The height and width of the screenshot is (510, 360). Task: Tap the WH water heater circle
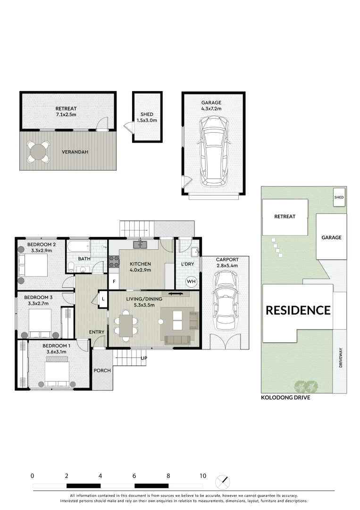pos(191,281)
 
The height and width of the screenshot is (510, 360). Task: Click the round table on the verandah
pos(38,152)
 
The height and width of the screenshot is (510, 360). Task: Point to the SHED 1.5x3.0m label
pos(147,117)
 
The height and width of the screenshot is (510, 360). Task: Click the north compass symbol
pos(223,482)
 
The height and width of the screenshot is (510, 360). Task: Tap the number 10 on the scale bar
pos(202,476)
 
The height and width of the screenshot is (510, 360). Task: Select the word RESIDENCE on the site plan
pos(298,310)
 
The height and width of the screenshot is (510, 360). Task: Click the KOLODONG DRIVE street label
pos(285,398)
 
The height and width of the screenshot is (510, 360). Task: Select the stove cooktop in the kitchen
pos(114,262)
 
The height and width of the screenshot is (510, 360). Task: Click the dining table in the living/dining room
pos(126,324)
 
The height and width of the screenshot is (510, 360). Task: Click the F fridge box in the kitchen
pos(113,282)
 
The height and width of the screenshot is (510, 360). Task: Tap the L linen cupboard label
pos(103,298)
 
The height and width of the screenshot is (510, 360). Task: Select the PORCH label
pos(102,370)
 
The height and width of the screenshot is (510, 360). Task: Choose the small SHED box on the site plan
pos(339,197)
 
